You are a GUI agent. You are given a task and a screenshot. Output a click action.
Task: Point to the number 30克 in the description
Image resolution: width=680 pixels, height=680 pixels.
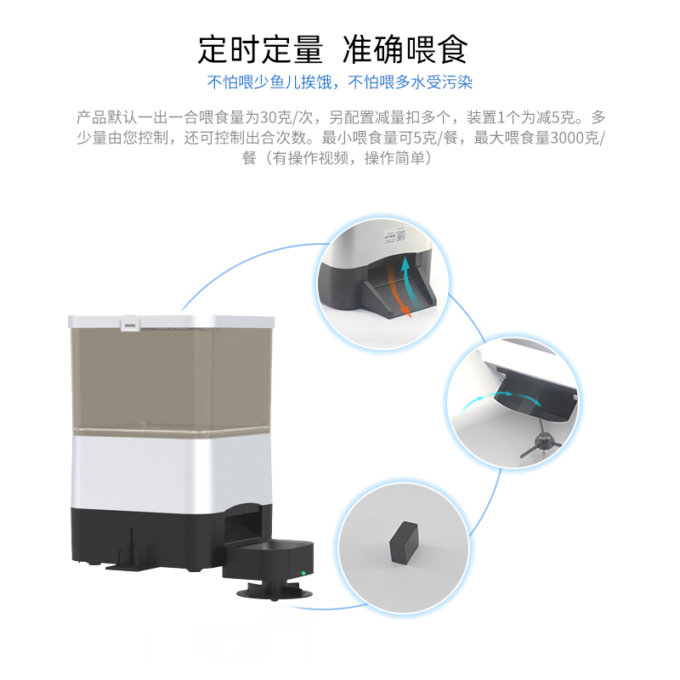275,117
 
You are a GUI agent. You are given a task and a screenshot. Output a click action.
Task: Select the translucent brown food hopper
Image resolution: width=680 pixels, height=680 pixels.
170,378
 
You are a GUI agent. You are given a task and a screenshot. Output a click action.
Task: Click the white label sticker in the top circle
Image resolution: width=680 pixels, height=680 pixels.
393,235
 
